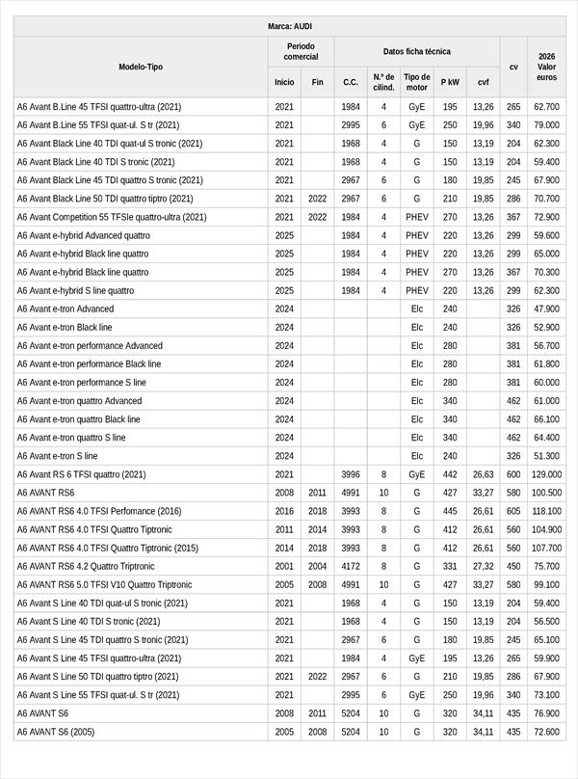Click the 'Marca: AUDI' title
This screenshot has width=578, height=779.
[x=289, y=26]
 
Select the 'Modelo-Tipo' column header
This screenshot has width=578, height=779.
[x=141, y=67]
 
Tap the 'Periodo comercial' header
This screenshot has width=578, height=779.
[x=301, y=51]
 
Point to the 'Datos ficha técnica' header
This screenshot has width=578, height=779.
[x=416, y=51]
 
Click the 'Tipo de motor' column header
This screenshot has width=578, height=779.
[x=416, y=82]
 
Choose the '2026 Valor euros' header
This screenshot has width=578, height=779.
[x=546, y=67]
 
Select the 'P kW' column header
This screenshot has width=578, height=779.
[x=450, y=83]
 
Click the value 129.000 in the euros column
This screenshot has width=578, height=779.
[x=546, y=474]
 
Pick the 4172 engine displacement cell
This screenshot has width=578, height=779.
[x=351, y=566]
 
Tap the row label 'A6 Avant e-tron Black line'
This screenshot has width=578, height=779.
[x=65, y=328]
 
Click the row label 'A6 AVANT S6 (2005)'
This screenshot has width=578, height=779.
[x=56, y=732]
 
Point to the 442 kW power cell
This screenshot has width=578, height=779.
[x=450, y=474]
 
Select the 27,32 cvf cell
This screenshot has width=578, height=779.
[x=483, y=566]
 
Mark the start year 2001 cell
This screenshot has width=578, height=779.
[x=284, y=566]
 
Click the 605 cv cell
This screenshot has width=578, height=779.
[x=513, y=511]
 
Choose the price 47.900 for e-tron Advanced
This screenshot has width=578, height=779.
[x=546, y=309]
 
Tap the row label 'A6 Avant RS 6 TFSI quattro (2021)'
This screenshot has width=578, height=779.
[x=81, y=474]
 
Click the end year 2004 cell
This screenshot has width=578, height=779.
[x=318, y=566]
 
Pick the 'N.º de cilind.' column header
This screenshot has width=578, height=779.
[x=382, y=82]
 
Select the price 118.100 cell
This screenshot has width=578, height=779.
[x=546, y=511]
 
